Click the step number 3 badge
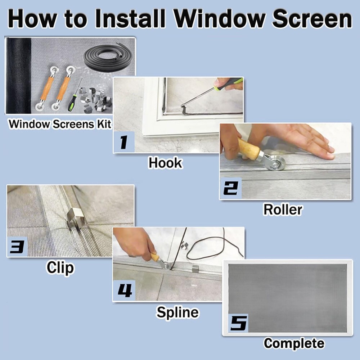[x=17, y=247]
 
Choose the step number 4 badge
[x=124, y=291]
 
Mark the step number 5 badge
[x=238, y=323]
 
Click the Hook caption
[x=165, y=163]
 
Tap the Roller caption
[x=283, y=210]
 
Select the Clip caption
[x=60, y=268]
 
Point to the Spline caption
[x=177, y=312]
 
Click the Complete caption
[x=294, y=343]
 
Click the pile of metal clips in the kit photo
[x=94, y=99]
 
